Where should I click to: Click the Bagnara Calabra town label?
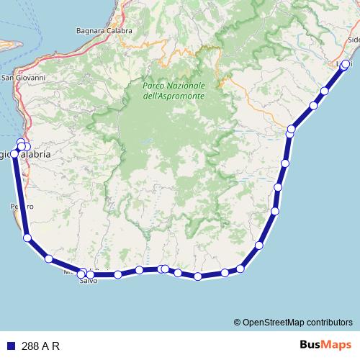tap(104, 31)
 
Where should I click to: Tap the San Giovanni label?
tap(24, 78)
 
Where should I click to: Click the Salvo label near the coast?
tap(88, 282)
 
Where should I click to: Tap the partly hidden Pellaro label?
tap(22, 207)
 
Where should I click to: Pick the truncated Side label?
tap(353, 40)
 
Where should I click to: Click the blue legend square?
tap(10, 345)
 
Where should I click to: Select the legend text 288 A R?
tap(40, 345)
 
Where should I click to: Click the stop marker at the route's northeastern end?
tap(346, 64)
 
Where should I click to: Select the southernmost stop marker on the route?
tap(198, 276)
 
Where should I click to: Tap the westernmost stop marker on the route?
tap(14, 153)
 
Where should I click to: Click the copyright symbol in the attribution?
tap(237, 322)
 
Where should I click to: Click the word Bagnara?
tap(91, 31)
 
